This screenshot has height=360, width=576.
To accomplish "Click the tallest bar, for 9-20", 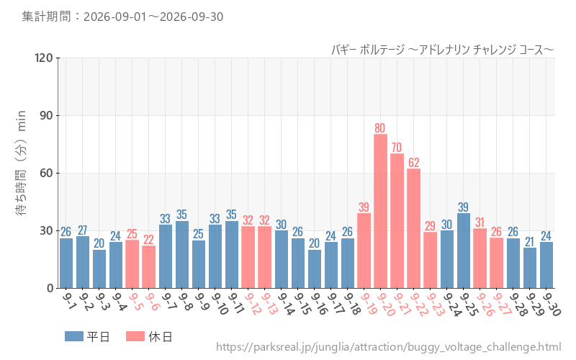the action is (x=381, y=211).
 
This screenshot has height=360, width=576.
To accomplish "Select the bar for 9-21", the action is (x=397, y=221).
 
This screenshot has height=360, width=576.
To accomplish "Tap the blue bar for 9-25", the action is (x=464, y=251).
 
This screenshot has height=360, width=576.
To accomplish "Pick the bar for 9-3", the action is (x=99, y=269).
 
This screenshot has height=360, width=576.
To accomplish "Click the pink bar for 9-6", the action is (x=149, y=267).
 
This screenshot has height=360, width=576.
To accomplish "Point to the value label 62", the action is (x=413, y=163).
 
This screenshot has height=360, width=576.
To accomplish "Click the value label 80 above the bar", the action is (x=380, y=128).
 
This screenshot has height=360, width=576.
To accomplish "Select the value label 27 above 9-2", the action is (x=82, y=230).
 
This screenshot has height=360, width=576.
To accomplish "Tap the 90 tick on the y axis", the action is (x=47, y=116).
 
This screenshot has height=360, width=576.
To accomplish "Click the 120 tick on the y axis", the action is (x=44, y=58).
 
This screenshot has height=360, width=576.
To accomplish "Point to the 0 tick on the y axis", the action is (x=50, y=289).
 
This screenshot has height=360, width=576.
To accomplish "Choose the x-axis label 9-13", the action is (x=267, y=304).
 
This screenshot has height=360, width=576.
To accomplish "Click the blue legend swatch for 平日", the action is (x=74, y=336).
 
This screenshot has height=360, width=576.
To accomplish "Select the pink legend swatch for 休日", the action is (x=135, y=336).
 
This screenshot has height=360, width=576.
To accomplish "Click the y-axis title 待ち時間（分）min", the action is (x=21, y=163).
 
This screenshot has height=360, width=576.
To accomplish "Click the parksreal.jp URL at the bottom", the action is (x=388, y=347).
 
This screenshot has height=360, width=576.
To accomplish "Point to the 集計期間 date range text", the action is (x=122, y=17).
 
